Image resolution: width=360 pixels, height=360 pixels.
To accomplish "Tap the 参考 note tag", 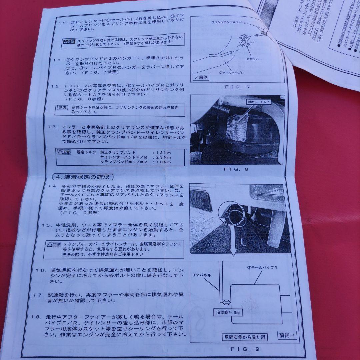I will tap(62, 107).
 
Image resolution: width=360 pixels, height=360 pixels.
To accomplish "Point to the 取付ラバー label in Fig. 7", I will tap(254, 58).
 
